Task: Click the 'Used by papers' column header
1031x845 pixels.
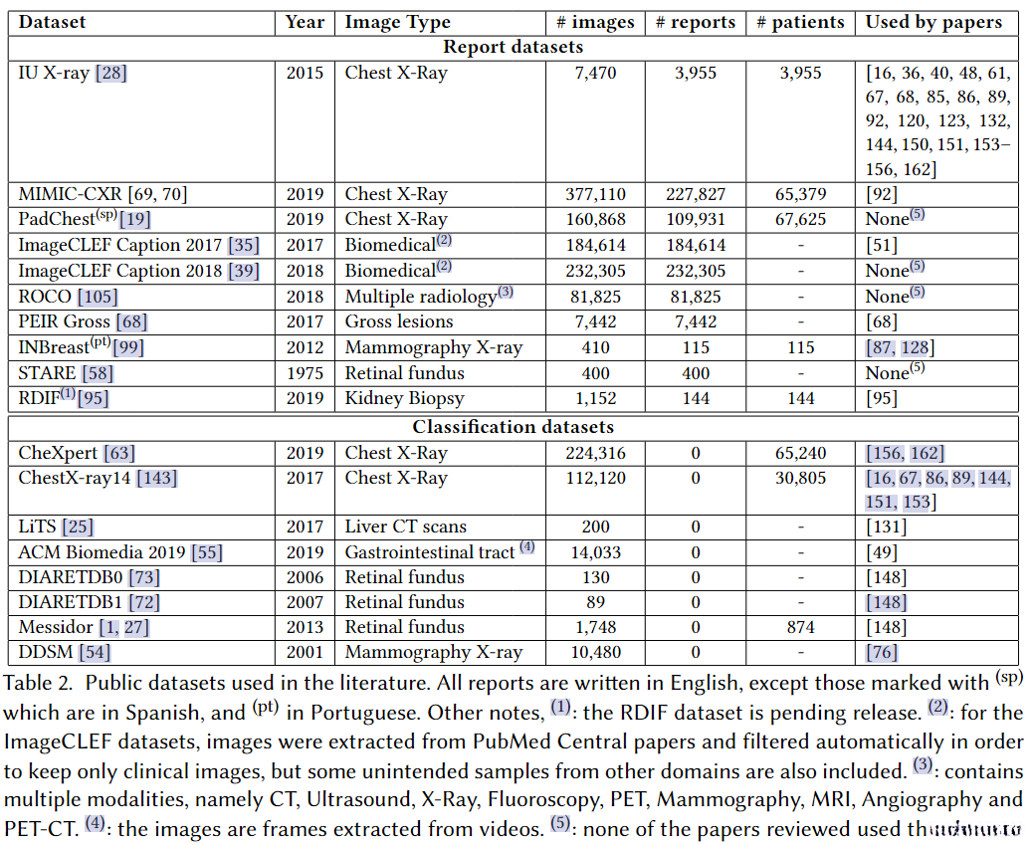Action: [x=933, y=22]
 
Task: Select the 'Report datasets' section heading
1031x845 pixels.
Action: [x=513, y=47]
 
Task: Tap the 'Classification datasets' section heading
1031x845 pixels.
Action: [x=513, y=427]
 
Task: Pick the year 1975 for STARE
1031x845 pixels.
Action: [x=305, y=373]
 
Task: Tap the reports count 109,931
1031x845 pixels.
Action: [x=696, y=219]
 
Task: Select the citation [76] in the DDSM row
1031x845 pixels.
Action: [x=883, y=652]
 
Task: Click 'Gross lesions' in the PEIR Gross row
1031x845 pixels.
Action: [x=399, y=321]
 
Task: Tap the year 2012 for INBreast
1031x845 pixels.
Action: [x=305, y=347]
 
